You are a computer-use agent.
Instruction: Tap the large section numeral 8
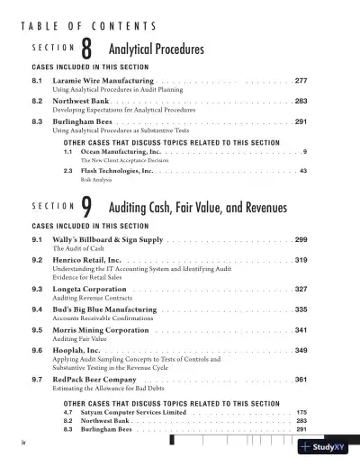pos(86,50)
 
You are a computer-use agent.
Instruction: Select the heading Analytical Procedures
pos(156,49)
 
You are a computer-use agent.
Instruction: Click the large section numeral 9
pos(86,207)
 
